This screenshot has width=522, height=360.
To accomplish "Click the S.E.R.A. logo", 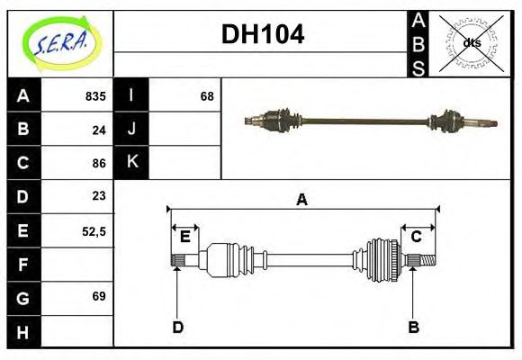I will pos(59,42).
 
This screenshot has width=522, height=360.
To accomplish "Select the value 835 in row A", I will pos(94,96).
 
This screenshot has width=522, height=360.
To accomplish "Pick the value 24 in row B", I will pos(98,130).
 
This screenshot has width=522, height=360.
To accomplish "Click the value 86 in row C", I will pos(98,163).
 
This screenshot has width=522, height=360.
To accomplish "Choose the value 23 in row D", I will pos(98,196).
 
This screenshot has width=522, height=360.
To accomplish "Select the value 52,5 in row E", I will pos(94,230).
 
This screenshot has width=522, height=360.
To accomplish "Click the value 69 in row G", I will pos(98,296).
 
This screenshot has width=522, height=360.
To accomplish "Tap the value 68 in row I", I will pos(206,96).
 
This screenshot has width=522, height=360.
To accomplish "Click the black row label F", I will pos(23,264).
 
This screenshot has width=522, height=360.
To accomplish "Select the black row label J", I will pos(131,129).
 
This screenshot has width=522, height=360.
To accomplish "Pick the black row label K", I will pos(131,162).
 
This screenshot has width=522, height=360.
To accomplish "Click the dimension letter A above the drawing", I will pos(302,200).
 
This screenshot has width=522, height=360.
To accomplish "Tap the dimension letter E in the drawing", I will pos(184,237).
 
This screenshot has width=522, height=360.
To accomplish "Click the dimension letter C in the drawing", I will pos(417,237).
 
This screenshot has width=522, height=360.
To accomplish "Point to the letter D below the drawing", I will pos(177,328).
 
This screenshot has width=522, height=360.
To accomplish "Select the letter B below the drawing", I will pos(413,328).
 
